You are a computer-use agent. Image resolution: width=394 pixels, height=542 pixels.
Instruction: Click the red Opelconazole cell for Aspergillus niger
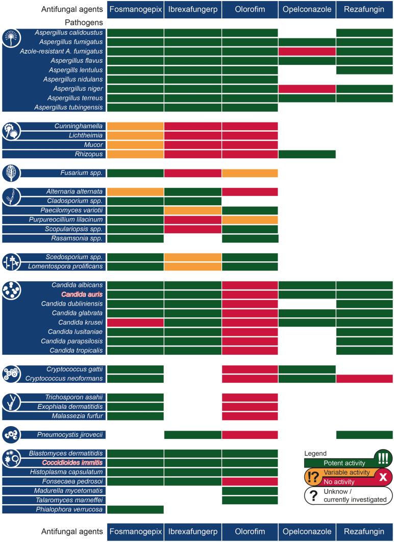pos(307,89)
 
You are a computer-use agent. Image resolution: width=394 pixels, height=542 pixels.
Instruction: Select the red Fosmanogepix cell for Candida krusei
pos(135,323)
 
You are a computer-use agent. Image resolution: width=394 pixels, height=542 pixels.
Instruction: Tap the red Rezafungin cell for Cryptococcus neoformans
pos(364,378)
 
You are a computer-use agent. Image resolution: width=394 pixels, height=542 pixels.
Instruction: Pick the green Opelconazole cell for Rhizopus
pos(307,154)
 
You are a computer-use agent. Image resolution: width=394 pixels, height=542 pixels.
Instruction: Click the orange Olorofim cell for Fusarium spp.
pos(250,173)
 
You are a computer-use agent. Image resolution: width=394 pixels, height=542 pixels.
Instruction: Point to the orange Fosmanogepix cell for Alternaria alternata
pos(135,191)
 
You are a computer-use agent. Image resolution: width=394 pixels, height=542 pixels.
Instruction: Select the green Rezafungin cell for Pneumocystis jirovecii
pos(364,434)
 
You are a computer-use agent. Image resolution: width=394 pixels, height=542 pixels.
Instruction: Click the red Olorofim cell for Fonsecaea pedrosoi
pos(250,481)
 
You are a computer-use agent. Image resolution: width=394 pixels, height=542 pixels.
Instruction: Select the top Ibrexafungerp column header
pos(193,9)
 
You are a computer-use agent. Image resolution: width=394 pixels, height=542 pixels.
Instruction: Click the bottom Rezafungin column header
pos(364,532)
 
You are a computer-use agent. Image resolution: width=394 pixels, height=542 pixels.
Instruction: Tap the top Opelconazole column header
pos(307,9)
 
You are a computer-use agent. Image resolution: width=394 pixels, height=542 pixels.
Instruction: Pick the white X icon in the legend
pos(382,477)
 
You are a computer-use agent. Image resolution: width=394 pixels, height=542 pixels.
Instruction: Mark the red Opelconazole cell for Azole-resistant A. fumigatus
pos(307,51)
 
